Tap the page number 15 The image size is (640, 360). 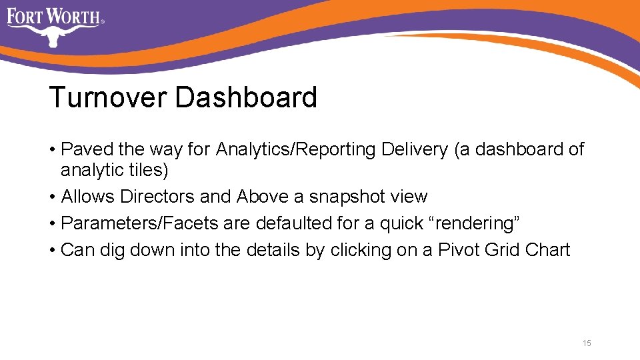coord(587,343)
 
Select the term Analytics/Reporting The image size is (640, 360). coord(296,150)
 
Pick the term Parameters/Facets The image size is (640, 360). coord(139,224)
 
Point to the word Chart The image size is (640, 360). coord(548,251)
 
